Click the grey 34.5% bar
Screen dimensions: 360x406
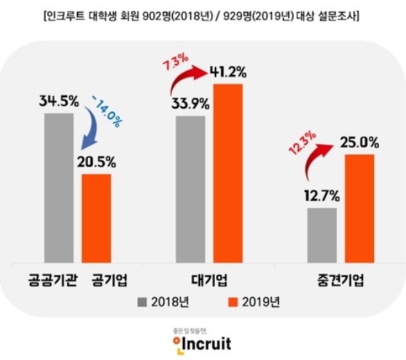tap(59, 187)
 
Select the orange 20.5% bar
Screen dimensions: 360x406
tap(96, 218)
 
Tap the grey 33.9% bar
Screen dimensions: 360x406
tap(191, 189)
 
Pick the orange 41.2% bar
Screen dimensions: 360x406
tap(229, 173)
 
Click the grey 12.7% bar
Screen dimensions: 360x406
tap(322, 235)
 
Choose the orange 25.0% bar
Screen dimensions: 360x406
tap(359, 208)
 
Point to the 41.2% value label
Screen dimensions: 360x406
tap(229, 71)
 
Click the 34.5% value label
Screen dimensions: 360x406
tap(58, 101)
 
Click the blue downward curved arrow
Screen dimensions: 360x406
tap(90, 132)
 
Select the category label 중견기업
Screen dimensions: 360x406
tap(338, 281)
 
